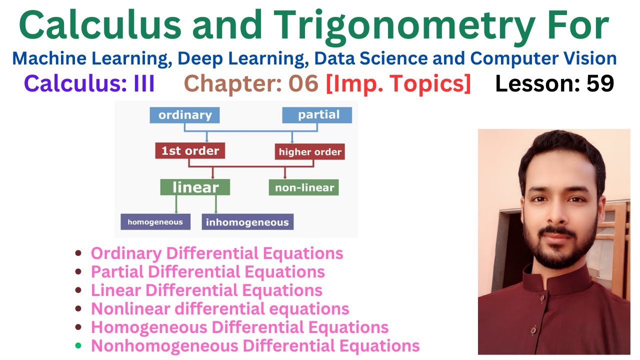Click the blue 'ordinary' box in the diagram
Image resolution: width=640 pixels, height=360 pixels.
click(x=184, y=115)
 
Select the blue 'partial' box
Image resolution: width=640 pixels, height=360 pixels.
click(x=317, y=115)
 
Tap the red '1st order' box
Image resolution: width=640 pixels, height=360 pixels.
click(x=190, y=150)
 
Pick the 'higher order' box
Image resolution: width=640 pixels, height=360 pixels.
click(x=309, y=152)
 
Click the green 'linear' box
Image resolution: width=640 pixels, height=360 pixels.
click(x=195, y=187)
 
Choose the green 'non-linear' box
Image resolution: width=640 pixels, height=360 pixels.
click(x=303, y=188)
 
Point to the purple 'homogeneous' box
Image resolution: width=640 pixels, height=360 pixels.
click(x=155, y=221)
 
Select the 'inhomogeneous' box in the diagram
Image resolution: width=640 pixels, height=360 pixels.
click(x=247, y=222)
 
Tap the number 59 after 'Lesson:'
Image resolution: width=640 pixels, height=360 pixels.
click(x=600, y=84)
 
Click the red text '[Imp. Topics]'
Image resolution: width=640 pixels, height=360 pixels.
click(x=398, y=84)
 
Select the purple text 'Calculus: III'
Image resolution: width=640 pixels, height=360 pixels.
click(x=89, y=84)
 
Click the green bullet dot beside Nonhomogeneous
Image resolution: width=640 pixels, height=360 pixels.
click(x=78, y=345)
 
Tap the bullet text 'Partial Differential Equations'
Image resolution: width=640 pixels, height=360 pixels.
click(x=207, y=271)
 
